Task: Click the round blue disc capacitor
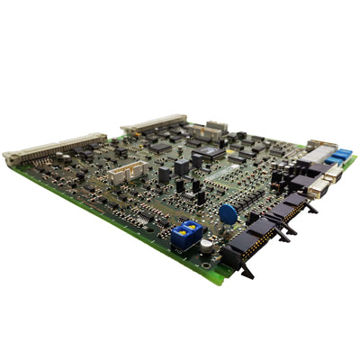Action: pos(229,214)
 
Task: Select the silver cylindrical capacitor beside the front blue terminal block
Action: pos(206,244)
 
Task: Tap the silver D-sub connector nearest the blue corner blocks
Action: pos(332,172)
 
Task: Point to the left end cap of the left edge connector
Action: pos(11,159)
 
